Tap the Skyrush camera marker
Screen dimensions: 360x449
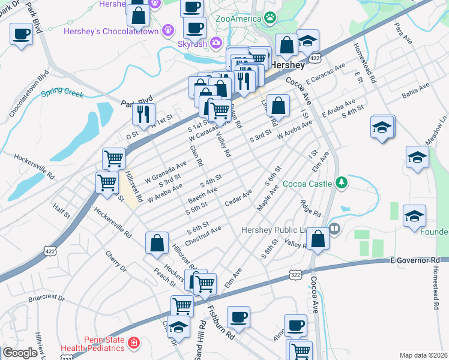pyautogui.click(x=215, y=43)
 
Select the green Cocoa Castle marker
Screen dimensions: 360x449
pyautogui.click(x=342, y=182)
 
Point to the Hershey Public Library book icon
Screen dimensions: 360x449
pyautogui.click(x=334, y=228)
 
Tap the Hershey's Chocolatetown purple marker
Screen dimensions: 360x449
pyautogui.click(x=168, y=28)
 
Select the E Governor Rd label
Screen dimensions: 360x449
pyautogui.click(x=414, y=260)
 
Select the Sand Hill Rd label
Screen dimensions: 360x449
pyautogui.click(x=200, y=340)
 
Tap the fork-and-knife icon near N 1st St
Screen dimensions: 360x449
pyautogui.click(x=143, y=113)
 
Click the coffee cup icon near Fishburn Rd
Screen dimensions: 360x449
pyautogui.click(x=238, y=316)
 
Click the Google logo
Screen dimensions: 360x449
pyautogui.click(x=20, y=353)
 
